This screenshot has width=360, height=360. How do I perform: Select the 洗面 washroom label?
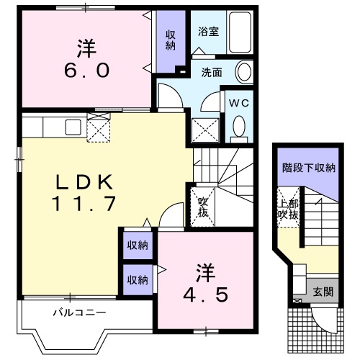point(211,72)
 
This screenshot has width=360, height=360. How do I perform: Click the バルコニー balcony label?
point(78,313)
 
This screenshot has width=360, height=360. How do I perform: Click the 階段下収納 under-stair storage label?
point(308,168)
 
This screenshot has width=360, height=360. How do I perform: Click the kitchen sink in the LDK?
point(73,127)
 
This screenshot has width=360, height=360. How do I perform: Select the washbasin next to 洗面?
point(245,72)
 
